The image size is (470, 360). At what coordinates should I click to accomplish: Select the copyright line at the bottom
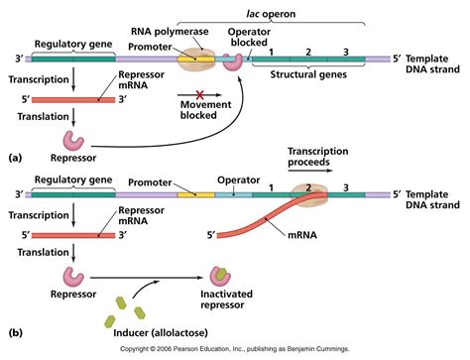click(x=235, y=351)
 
